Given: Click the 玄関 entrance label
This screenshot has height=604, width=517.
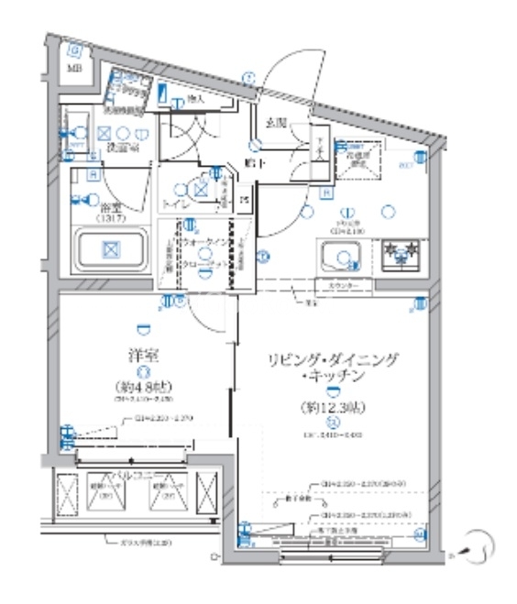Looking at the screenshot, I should click(x=276, y=121).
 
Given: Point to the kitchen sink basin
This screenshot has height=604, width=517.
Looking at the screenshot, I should click(x=341, y=253).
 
